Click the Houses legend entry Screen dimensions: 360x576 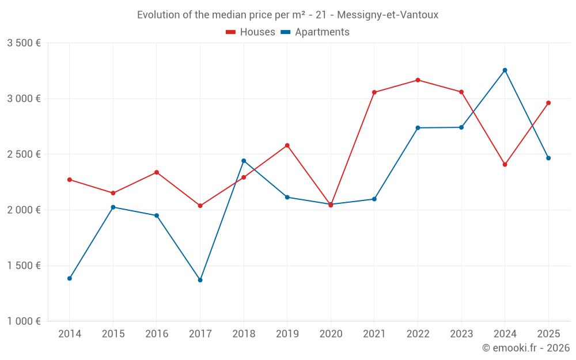coord(251,32)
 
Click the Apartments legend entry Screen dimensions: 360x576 coord(315,32)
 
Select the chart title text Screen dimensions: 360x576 coord(287,15)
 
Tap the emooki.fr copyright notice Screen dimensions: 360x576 coord(525,348)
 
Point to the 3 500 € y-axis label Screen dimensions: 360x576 coord(24,43)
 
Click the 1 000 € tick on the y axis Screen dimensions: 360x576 coord(24,321)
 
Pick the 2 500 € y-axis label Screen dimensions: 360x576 coord(24,154)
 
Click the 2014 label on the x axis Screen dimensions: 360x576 coord(70,334)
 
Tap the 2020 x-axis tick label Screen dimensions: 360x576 coord(331,334)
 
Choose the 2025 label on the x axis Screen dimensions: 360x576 coord(548,334)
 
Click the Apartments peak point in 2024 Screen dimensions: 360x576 coord(505,70)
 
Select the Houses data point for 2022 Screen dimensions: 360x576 coord(418,80)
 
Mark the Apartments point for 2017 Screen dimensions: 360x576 coord(200,280)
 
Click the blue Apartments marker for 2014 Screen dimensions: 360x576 coord(70,278)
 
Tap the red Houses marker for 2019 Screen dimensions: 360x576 coord(287,145)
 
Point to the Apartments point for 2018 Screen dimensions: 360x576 coord(244,161)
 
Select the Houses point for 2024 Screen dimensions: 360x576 coord(505,165)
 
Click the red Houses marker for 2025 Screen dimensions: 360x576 coord(548,103)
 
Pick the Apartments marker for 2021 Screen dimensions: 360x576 coord(374,199)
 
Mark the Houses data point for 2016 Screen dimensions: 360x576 coord(157,172)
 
